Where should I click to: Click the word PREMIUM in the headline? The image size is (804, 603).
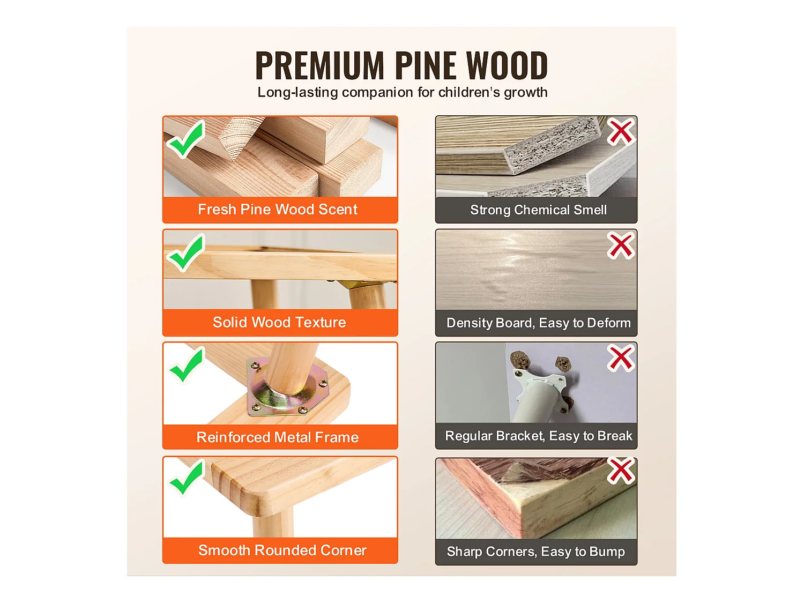click(x=320, y=65)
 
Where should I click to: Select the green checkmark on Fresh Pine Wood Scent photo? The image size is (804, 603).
click(x=186, y=139)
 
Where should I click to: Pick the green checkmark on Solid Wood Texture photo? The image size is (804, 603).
click(x=186, y=253)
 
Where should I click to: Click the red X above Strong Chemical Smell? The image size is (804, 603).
click(x=621, y=131)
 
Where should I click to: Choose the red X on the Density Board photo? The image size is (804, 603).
click(x=621, y=245)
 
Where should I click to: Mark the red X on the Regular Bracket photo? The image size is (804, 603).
click(x=621, y=358)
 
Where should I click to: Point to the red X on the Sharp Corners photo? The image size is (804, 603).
click(x=621, y=471)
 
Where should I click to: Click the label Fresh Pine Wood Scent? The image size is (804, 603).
click(x=278, y=210)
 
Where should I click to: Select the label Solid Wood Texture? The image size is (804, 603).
click(x=279, y=323)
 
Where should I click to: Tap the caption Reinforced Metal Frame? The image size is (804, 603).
click(x=277, y=437)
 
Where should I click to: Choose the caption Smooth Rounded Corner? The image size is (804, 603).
click(x=282, y=550)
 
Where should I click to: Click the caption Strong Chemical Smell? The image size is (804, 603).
click(x=539, y=210)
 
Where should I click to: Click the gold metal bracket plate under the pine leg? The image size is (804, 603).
click(x=287, y=388)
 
